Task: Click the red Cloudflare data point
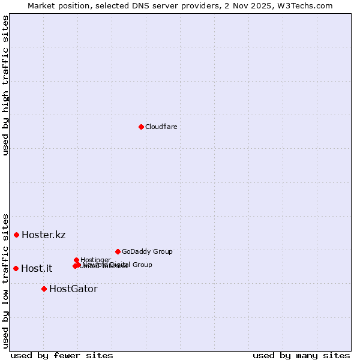[x=141, y=127]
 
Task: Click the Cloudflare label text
[x=161, y=127]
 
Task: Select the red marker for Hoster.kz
[x=16, y=235]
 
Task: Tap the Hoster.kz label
[x=43, y=235]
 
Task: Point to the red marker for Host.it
[x=16, y=268]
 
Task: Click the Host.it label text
[x=36, y=268]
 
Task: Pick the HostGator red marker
[x=44, y=289]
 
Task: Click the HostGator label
[x=73, y=289]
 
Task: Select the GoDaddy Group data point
[x=118, y=251]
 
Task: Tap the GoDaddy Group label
[x=146, y=251]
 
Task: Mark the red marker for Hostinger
[x=76, y=260]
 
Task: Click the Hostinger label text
[x=95, y=260]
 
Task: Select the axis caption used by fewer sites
[x=62, y=355]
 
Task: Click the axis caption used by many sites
[x=301, y=355]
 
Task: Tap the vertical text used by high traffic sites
[x=5, y=86]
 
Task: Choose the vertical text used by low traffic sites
[x=5, y=280]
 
